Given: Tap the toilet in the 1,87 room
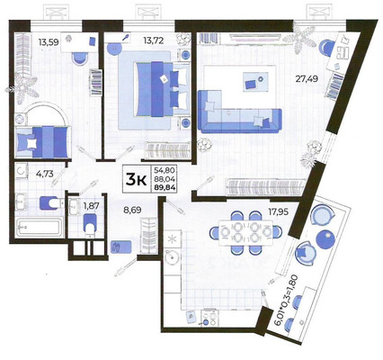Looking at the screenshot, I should click(87, 228).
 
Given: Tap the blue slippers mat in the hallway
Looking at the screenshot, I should click(118, 245).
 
